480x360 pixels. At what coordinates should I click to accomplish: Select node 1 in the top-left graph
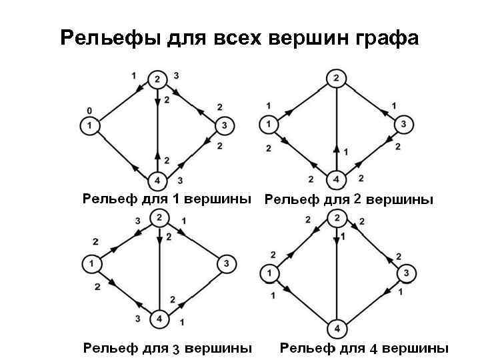click(89, 125)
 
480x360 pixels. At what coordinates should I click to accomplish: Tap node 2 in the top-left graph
click(157, 79)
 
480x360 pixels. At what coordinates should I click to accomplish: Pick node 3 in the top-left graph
click(225, 125)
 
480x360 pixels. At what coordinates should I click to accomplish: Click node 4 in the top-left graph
click(157, 181)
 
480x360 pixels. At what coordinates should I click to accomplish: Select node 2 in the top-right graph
click(336, 79)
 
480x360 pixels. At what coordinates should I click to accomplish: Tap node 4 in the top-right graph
click(336, 179)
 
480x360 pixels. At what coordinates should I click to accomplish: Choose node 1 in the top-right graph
click(268, 124)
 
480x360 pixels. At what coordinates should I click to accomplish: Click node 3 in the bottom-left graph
click(227, 265)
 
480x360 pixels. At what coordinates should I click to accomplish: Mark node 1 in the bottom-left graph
click(91, 265)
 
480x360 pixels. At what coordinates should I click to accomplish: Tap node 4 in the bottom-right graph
click(337, 329)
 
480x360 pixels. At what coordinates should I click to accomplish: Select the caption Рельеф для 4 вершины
click(364, 348)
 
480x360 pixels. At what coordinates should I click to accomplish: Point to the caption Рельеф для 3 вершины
click(167, 348)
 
